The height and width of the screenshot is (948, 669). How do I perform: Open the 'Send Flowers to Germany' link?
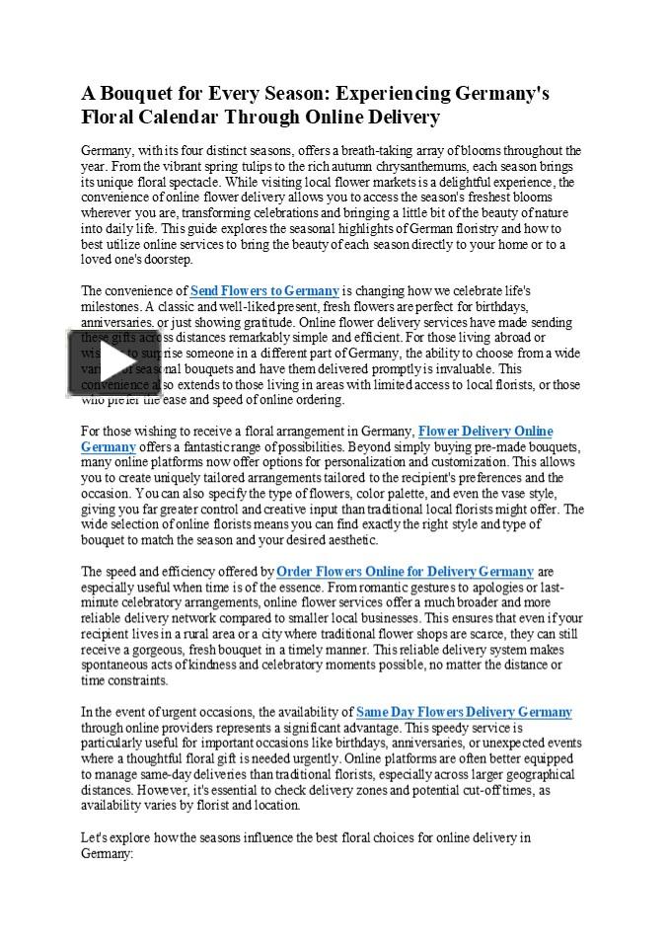[x=264, y=291]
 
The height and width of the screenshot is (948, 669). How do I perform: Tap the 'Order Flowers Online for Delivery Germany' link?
[x=405, y=572]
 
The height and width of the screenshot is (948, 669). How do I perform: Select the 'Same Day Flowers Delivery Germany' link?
[x=464, y=712]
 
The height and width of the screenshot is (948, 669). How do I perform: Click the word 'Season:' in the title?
[x=292, y=94]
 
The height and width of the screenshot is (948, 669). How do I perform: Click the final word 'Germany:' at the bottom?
[x=107, y=852]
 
